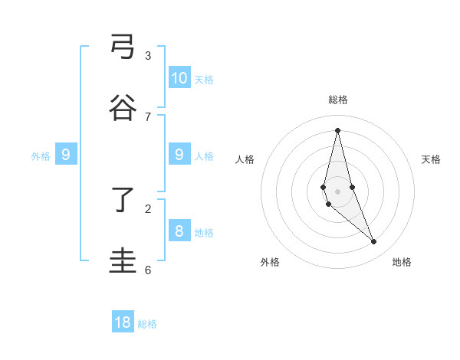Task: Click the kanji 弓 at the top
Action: (123, 47)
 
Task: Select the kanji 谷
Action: (123, 108)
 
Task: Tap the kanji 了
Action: (123, 201)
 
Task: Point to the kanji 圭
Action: (123, 261)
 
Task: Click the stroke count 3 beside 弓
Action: (148, 55)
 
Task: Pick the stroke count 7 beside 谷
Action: (148, 116)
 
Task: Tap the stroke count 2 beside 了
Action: (148, 208)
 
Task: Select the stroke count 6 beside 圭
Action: (148, 270)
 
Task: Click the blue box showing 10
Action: (179, 78)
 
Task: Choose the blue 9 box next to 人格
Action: (179, 155)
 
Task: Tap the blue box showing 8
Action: (179, 231)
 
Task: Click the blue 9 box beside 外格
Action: (66, 155)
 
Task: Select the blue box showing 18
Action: (123, 322)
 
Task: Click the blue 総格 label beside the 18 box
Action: (147, 324)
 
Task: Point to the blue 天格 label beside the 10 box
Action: (204, 80)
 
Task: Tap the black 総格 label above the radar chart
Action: (337, 100)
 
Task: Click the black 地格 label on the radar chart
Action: (402, 262)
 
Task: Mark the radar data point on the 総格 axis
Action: (337, 129)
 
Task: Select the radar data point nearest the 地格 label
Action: (374, 242)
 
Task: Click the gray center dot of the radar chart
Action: (337, 191)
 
